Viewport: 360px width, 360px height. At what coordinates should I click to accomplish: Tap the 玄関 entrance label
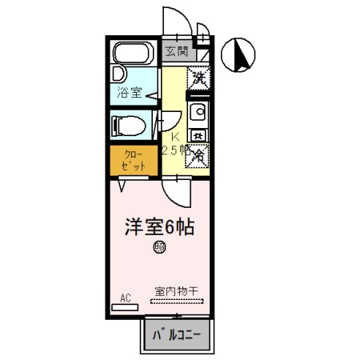(177, 53)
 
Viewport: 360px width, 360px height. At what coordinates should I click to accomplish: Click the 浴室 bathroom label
(130, 92)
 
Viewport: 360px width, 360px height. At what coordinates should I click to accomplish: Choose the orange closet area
(129, 158)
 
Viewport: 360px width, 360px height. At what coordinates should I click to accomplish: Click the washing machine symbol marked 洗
(198, 78)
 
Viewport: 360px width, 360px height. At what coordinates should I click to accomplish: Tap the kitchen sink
(198, 111)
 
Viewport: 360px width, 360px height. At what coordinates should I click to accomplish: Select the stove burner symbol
(198, 134)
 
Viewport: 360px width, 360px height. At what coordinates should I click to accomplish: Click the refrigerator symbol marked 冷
(198, 154)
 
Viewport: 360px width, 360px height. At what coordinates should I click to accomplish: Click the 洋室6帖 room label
(159, 226)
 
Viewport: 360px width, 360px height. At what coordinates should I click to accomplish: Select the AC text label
(125, 298)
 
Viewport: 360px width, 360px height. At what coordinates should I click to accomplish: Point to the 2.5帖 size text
(176, 150)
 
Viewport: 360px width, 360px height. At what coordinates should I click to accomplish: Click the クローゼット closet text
(129, 158)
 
